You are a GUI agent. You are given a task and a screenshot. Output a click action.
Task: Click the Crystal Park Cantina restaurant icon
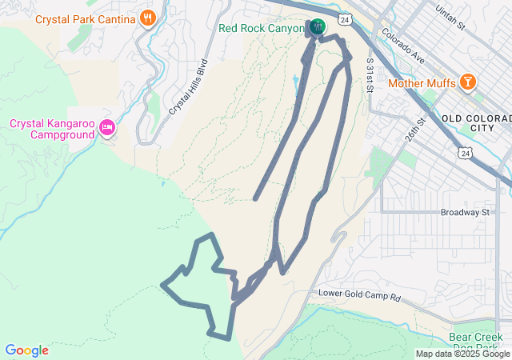click(x=147, y=18)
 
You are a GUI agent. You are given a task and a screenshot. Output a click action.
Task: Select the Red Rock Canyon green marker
click(x=318, y=27)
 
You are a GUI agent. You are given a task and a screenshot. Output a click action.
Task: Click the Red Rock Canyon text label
click(x=261, y=28)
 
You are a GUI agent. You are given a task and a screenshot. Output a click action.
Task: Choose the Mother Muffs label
click(x=422, y=82)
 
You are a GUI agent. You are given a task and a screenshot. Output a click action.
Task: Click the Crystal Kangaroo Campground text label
click(x=53, y=129)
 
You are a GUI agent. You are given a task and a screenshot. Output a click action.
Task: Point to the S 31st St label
click(x=370, y=74)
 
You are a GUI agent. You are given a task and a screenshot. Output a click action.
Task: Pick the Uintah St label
click(x=450, y=19)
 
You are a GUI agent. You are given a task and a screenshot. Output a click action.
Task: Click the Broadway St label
click(x=464, y=213)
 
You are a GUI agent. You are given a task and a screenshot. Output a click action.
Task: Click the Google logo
click(x=26, y=350)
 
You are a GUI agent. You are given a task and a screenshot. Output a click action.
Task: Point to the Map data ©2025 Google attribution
click(x=463, y=354)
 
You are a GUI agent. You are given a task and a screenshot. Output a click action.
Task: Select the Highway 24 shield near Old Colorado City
click(x=465, y=151)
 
